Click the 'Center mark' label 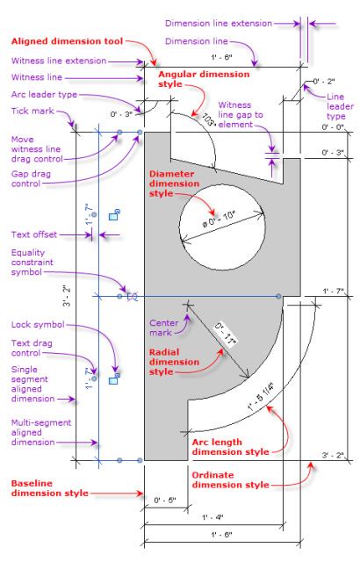click(x=166, y=326)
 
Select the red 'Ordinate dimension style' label click(x=230, y=479)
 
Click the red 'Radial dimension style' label click(x=168, y=361)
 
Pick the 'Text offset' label click(x=34, y=234)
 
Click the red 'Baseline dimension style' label click(x=49, y=488)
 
